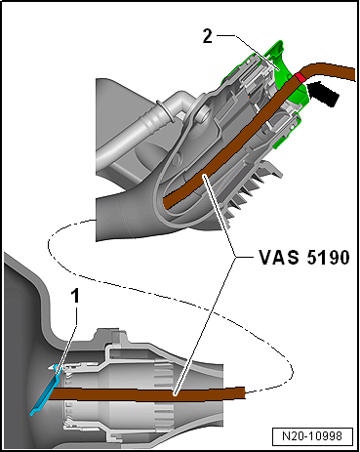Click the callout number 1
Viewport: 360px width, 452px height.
coord(75,297)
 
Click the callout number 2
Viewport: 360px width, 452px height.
coord(208,36)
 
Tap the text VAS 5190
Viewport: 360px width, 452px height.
coord(304,258)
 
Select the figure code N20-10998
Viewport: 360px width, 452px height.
coord(312,436)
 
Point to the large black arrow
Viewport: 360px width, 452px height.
coord(324,94)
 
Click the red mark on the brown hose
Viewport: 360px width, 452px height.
coord(300,78)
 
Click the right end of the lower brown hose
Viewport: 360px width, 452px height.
coord(245,392)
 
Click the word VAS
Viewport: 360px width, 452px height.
coord(279,258)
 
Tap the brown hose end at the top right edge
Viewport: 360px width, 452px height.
coord(354,73)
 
